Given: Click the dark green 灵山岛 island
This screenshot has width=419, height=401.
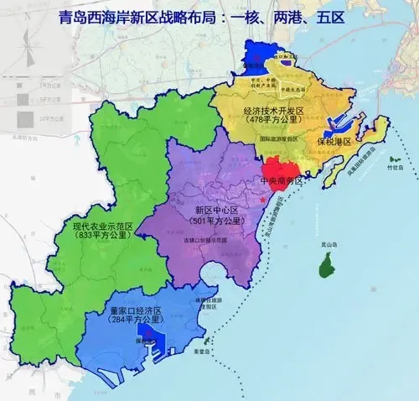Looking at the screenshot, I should point(324,267).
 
